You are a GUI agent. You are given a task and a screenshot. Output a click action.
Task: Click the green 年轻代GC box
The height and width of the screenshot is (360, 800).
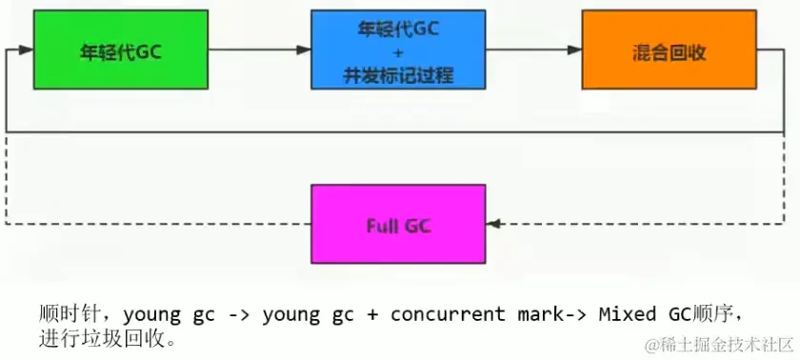(120, 50)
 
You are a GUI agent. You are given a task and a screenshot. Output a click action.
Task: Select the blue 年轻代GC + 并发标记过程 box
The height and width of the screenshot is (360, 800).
(397, 50)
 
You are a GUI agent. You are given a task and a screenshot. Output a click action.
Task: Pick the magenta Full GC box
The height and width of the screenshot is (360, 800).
(397, 224)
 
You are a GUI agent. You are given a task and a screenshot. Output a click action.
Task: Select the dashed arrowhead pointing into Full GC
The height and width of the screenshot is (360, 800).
(490, 224)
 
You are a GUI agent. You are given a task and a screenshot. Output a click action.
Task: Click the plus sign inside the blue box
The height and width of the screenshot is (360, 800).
(397, 53)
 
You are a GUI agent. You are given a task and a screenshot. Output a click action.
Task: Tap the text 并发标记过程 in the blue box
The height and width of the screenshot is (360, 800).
(397, 75)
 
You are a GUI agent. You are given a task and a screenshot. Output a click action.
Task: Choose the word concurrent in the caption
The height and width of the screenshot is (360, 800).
(448, 314)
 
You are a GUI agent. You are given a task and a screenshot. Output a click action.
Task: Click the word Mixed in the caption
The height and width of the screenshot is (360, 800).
(624, 314)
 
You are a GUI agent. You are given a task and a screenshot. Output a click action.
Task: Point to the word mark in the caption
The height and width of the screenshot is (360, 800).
(538, 314)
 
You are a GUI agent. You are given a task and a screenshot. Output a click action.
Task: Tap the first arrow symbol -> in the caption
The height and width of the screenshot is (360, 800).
(239, 314)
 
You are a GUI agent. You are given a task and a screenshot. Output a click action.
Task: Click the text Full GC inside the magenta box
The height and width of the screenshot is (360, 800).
(397, 226)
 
